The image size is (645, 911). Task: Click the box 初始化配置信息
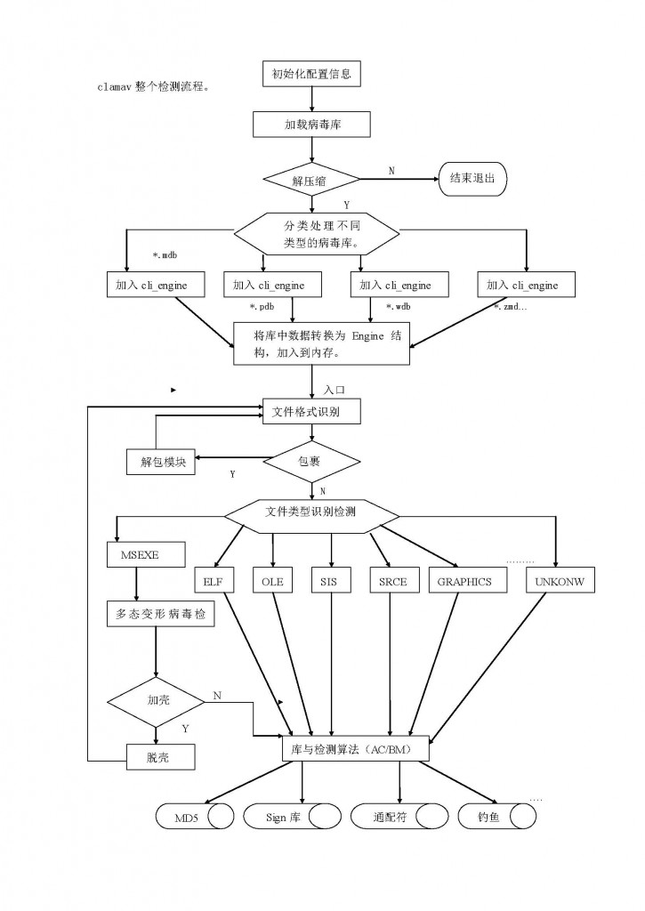[x=311, y=74]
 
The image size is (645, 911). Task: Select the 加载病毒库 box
[x=311, y=124]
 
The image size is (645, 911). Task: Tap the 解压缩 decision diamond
[x=312, y=180]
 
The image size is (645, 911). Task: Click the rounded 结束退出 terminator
[x=472, y=178]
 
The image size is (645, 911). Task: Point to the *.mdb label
[x=165, y=254]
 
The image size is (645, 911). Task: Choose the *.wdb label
[x=398, y=306]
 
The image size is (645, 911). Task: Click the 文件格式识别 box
[x=311, y=411]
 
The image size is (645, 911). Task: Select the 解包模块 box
[x=160, y=462]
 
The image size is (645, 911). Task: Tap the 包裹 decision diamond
[x=312, y=462]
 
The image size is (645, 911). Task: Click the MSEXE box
[x=147, y=555]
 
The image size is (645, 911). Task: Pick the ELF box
[x=214, y=580]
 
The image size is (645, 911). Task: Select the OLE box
[x=272, y=580]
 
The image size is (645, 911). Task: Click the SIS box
[x=331, y=580]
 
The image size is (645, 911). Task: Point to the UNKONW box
[x=560, y=580]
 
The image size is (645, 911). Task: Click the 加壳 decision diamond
[x=156, y=702]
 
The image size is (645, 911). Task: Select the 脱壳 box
[x=160, y=757]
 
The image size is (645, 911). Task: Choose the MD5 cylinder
[x=195, y=817]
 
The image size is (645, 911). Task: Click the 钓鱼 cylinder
[x=496, y=817]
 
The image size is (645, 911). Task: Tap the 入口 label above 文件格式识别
[x=335, y=390]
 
